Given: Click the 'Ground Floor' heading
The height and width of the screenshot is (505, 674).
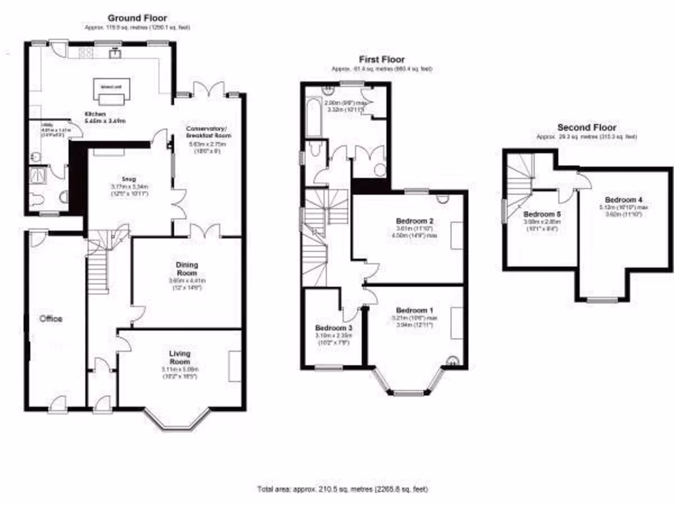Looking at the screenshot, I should point(137,18).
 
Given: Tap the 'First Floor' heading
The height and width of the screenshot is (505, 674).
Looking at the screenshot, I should point(382,59).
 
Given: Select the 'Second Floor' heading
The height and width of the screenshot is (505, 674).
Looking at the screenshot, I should point(586,127).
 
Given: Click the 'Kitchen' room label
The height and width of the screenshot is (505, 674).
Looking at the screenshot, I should point(95,114).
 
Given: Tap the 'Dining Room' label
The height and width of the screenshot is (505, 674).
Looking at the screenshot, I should point(186,269).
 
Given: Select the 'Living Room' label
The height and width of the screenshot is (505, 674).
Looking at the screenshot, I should point(179,358).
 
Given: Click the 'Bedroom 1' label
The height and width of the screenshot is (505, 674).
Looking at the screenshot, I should point(415,310).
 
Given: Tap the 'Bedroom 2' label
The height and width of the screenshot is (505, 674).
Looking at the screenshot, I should point(414,220).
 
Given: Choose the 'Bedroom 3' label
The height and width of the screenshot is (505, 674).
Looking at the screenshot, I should point(334,327).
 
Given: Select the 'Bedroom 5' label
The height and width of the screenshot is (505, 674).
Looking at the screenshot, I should point(542,214).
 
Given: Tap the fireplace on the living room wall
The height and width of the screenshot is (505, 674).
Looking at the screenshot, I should point(234,366).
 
